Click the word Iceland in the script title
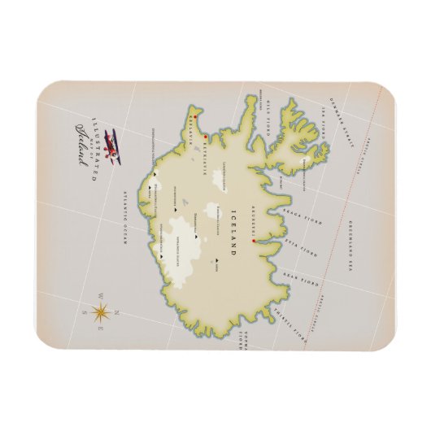pyautogui.click(x=82, y=143)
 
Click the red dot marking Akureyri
pyautogui.click(x=255, y=242)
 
